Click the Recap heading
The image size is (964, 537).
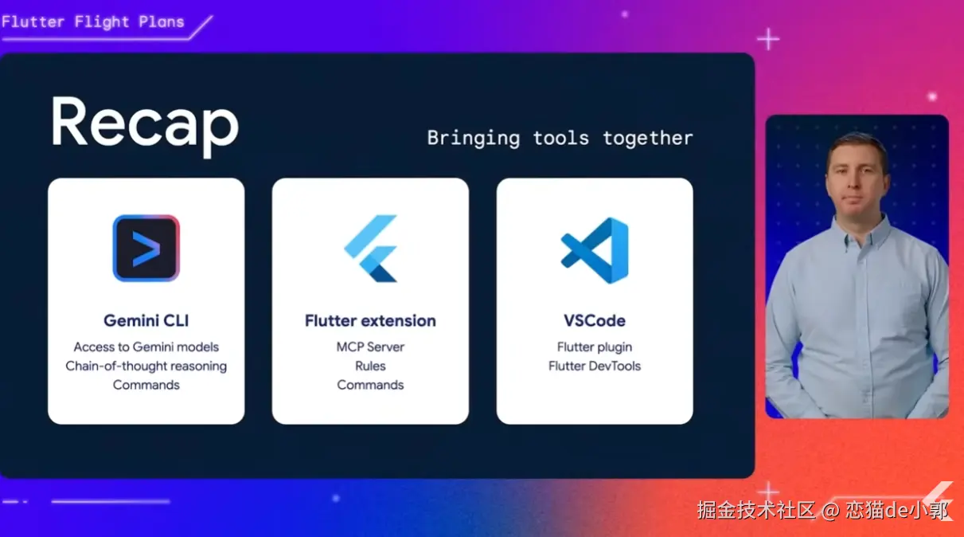(145, 125)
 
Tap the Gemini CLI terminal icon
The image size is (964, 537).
(146, 249)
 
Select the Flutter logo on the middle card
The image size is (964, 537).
(370, 249)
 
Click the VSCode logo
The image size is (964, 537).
(595, 250)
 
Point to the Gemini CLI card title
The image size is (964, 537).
(146, 321)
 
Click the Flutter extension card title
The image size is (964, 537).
(370, 321)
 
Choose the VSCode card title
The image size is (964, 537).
(595, 321)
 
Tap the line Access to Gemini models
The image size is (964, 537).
(146, 347)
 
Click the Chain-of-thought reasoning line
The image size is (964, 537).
(146, 366)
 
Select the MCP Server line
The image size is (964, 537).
(370, 347)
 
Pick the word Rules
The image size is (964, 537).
(370, 366)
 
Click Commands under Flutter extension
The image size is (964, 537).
(370, 385)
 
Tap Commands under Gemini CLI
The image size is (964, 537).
(146, 385)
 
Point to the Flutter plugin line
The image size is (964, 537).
(595, 347)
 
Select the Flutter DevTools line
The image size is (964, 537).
(595, 366)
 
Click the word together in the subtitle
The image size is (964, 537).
(648, 139)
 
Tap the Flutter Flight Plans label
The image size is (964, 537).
(93, 22)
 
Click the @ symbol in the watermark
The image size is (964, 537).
(830, 511)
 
